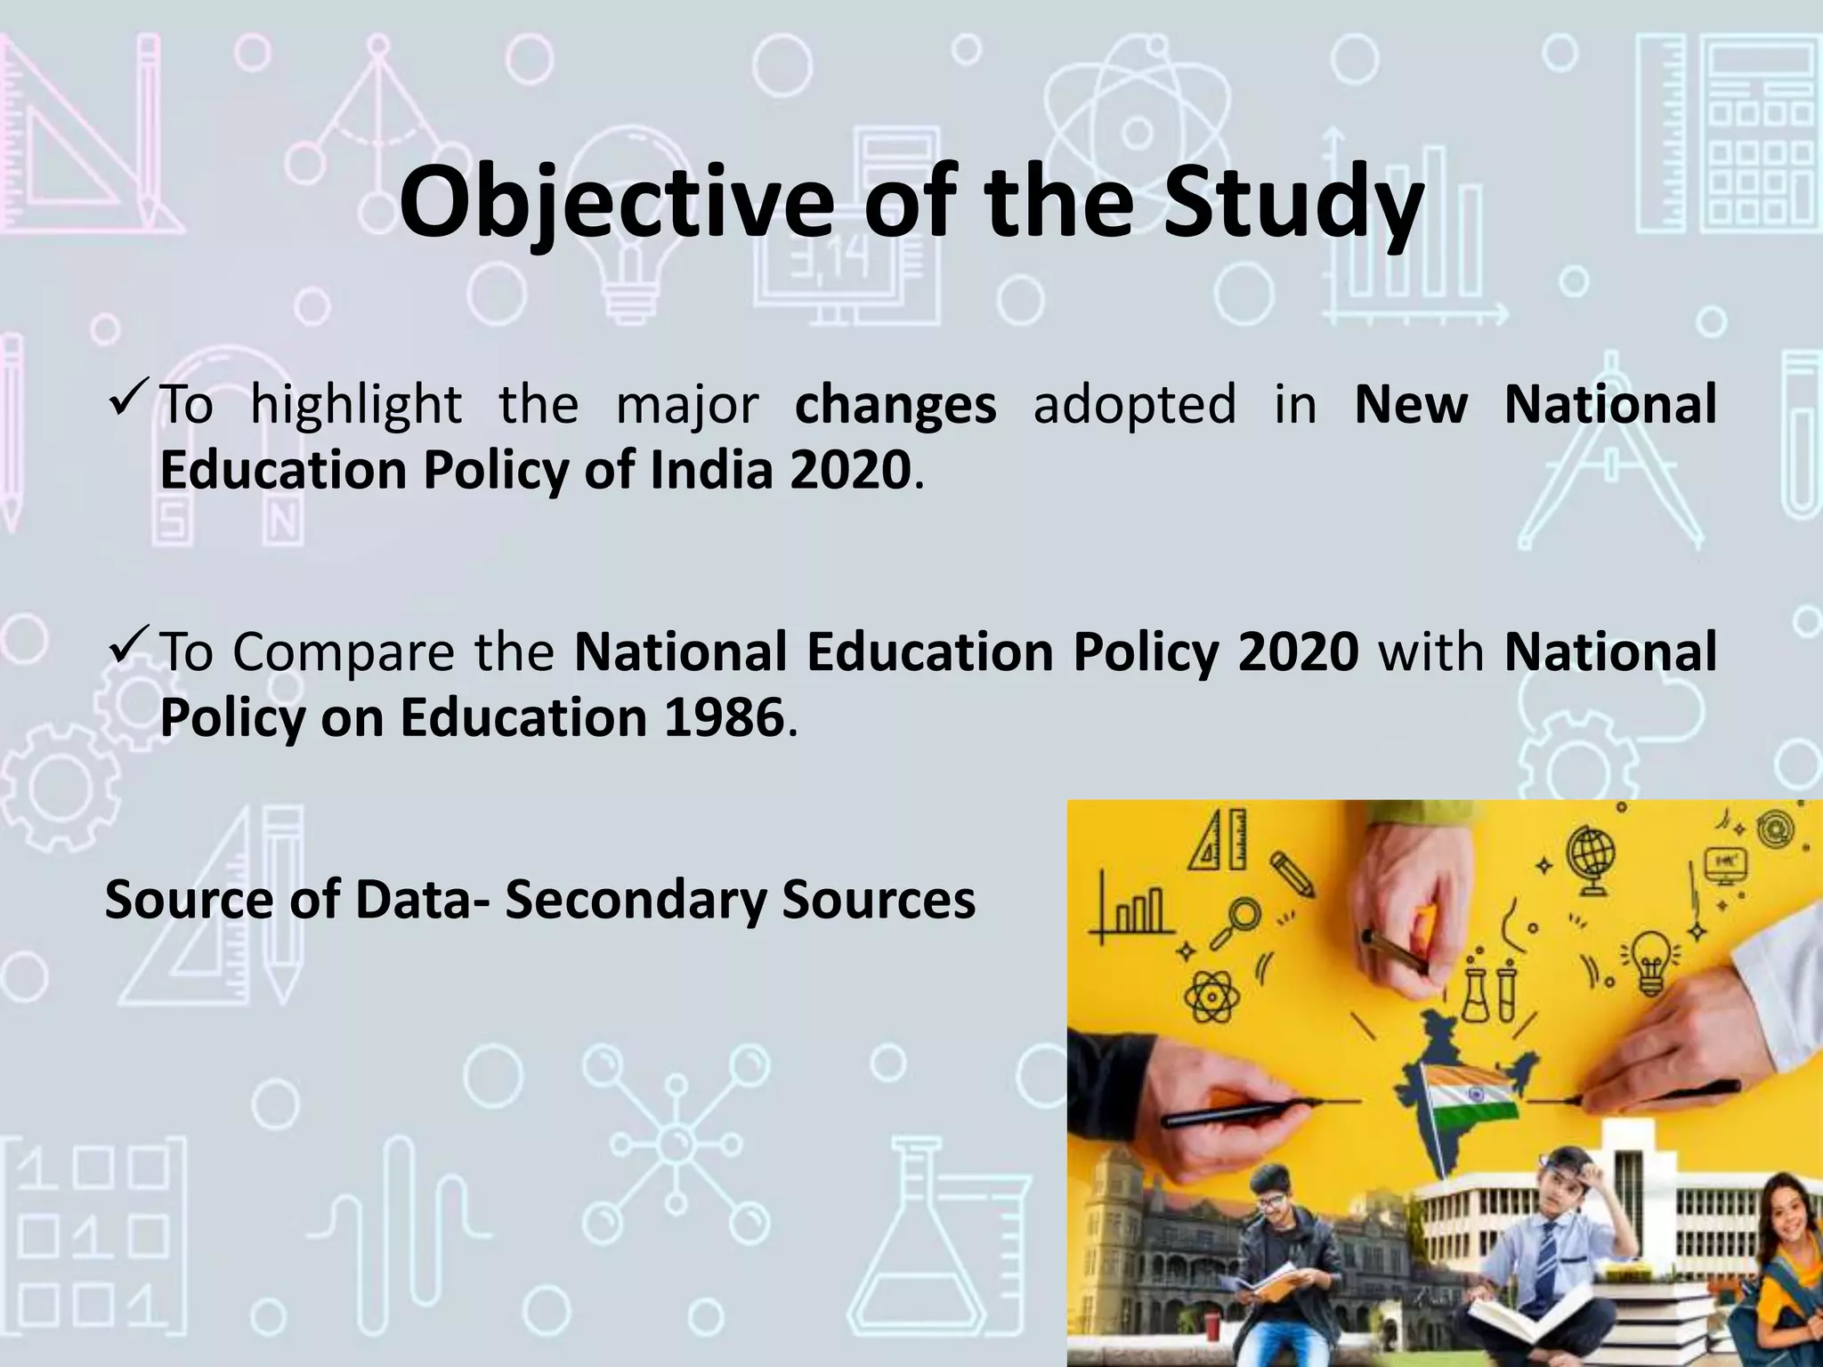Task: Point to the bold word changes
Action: pos(895,405)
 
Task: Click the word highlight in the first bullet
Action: pos(356,405)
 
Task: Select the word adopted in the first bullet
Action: pos(1135,405)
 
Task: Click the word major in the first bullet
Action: pos(687,405)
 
